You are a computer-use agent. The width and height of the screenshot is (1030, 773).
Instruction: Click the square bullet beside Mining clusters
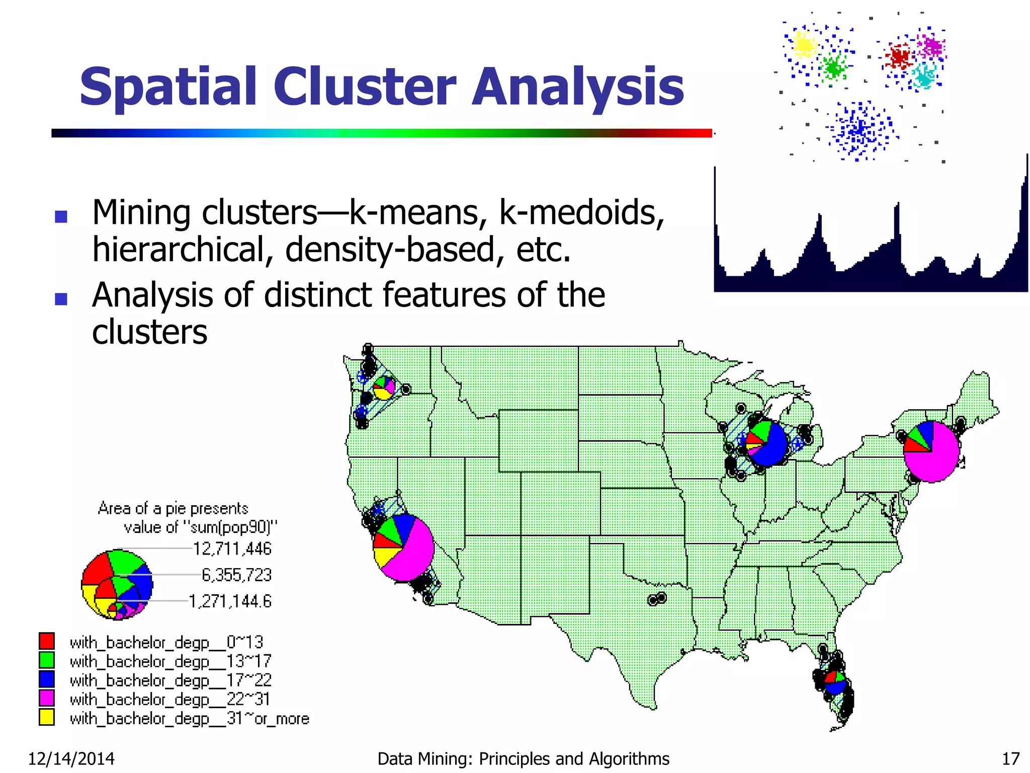point(61,216)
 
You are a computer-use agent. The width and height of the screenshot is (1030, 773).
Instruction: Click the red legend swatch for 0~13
point(47,641)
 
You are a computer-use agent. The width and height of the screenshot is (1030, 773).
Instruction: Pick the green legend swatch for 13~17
point(47,660)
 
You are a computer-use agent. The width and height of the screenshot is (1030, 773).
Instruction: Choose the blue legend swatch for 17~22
point(47,679)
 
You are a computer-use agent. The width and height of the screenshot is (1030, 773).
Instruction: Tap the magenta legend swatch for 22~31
point(47,698)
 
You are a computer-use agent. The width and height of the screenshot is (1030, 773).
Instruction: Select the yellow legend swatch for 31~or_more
point(47,717)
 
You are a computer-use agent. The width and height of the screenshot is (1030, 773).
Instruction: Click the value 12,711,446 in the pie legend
point(232,549)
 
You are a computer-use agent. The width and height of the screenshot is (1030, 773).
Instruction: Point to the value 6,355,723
point(236,575)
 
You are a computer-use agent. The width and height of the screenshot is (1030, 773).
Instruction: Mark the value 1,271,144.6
point(230,601)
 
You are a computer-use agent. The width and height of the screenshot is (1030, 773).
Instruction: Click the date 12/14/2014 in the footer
point(71,758)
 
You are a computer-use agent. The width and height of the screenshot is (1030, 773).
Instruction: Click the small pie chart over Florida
point(835,682)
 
